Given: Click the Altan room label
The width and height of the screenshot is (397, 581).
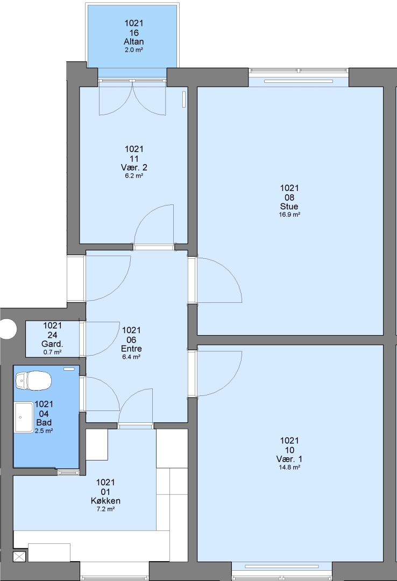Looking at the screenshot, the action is [134, 41].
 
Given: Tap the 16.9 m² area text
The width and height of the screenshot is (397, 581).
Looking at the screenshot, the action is [289, 215].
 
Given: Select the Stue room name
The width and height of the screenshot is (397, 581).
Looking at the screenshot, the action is [289, 207].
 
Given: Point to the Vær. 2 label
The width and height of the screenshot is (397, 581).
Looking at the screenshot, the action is [134, 167].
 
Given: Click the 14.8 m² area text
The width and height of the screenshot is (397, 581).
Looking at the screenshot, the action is [289, 467].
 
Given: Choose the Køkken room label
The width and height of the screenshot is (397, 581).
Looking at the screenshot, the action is [105, 501].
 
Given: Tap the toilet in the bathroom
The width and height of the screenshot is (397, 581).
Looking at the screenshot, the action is [33, 381].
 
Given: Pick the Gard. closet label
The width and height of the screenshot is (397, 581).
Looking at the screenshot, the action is [52, 344].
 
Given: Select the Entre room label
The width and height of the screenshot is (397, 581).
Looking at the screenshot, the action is [131, 349].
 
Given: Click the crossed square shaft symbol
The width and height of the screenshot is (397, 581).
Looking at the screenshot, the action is [20, 557].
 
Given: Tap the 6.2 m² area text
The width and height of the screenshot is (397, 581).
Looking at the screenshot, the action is [134, 175].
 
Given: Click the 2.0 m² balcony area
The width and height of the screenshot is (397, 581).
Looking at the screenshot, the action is [134, 49].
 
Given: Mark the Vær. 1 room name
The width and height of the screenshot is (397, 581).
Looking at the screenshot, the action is [289, 459].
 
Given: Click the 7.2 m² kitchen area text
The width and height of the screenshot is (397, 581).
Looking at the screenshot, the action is [105, 509].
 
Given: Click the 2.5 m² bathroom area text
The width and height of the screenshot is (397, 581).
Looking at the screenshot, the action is [44, 431].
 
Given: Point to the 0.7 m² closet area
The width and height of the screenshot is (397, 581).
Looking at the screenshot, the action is [52, 352].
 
